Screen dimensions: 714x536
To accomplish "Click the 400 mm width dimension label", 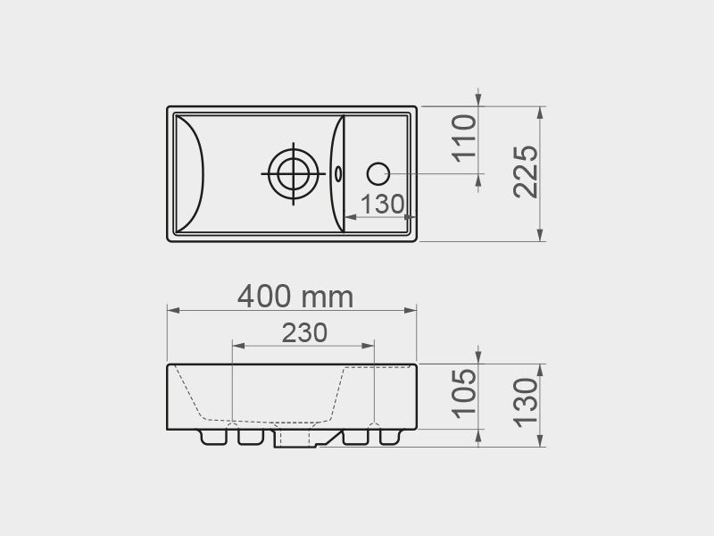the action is (x=295, y=297).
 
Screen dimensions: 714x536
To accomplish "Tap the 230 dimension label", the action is (x=304, y=332).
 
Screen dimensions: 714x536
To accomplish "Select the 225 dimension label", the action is (x=526, y=172).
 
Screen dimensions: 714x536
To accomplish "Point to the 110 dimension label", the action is (x=464, y=138).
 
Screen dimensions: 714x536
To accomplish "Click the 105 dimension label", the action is (x=464, y=393).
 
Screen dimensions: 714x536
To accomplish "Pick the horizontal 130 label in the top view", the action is (x=382, y=205).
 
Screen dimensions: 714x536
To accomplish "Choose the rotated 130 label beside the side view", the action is (x=526, y=403).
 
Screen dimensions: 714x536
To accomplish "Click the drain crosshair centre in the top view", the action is (x=294, y=173).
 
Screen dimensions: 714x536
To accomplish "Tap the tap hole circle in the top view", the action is (x=378, y=173).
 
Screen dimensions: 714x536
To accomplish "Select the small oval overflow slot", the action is (x=338, y=173).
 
